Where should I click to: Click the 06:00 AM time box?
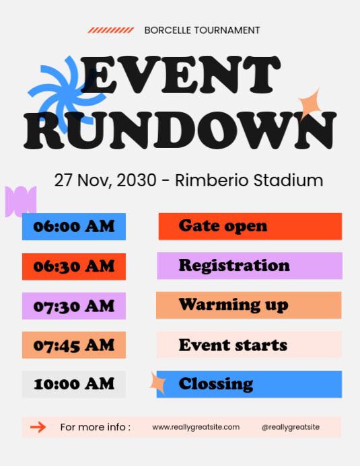(74, 227)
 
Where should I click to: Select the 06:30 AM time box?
(74, 266)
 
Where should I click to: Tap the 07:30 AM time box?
(74, 306)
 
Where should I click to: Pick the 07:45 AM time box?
(74, 345)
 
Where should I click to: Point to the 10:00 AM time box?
(74, 384)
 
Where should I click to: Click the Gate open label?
(250, 226)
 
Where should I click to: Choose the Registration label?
(250, 266)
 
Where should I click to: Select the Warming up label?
(249, 305)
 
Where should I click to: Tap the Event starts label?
(249, 345)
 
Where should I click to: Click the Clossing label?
(249, 384)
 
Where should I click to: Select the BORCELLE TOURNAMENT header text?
(202, 30)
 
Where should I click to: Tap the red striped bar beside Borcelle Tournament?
(111, 30)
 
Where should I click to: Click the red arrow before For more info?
(38, 427)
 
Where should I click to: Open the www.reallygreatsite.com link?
(196, 427)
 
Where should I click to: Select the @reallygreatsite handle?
(291, 427)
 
